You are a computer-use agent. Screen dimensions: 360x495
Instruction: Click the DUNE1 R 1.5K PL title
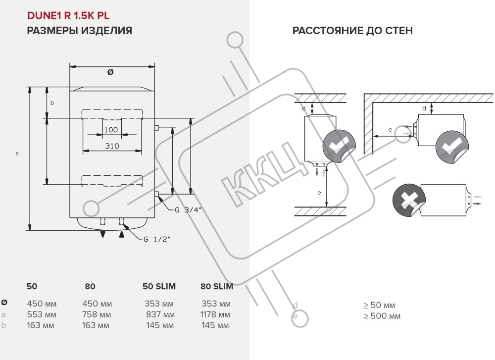tap(68, 16)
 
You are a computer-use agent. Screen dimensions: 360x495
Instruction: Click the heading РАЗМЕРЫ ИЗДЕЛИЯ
tap(79, 31)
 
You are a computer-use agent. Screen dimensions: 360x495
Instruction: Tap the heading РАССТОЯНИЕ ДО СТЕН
tap(352, 31)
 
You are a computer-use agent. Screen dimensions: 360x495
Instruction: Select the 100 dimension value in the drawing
tap(111, 130)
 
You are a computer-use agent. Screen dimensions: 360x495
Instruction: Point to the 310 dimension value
tap(112, 146)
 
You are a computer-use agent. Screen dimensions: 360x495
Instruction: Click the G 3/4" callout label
tap(188, 209)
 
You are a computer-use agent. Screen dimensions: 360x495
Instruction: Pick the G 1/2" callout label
tap(157, 240)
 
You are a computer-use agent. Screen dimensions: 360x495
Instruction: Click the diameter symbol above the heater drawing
tap(110, 72)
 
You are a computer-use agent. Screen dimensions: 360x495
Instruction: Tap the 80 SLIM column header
tap(217, 286)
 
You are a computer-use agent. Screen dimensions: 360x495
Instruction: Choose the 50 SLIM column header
tap(159, 286)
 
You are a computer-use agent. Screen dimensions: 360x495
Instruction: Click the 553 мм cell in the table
tap(42, 315)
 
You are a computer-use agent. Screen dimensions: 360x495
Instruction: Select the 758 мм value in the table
tap(97, 315)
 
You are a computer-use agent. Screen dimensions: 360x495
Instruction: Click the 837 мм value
tap(160, 315)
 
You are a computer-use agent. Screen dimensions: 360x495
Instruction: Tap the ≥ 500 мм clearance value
tap(382, 316)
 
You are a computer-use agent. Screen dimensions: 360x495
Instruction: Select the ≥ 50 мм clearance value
tap(379, 305)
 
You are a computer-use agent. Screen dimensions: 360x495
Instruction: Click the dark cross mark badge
tap(409, 200)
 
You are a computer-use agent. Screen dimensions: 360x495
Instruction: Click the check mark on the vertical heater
tap(340, 147)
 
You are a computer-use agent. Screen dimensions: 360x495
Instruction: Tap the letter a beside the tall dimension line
tap(17, 154)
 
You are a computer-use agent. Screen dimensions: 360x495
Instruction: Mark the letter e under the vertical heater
tap(319, 192)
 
